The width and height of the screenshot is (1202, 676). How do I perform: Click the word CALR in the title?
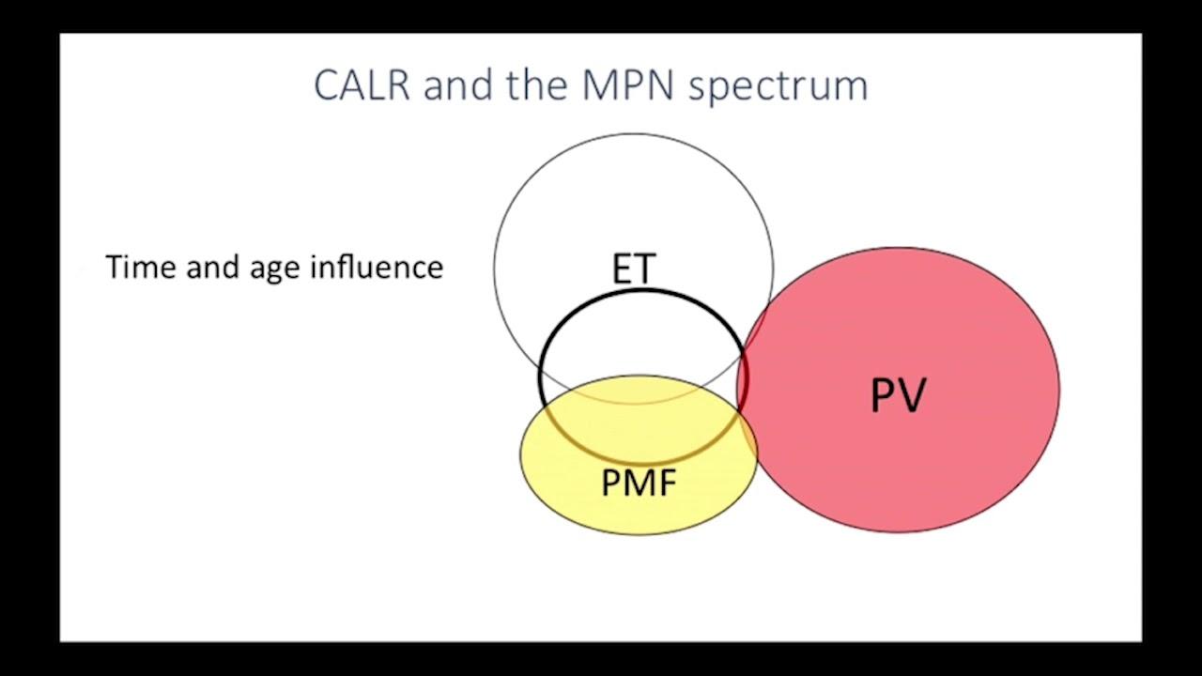[362, 85]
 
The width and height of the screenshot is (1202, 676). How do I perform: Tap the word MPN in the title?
[628, 85]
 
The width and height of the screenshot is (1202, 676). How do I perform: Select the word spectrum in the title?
[778, 88]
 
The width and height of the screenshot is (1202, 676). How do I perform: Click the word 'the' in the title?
[537, 84]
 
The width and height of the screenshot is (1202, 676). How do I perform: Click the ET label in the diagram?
[634, 269]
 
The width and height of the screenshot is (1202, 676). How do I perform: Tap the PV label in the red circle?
[898, 395]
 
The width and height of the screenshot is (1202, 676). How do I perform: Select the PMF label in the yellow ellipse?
[639, 483]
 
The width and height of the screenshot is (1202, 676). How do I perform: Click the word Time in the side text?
[141, 267]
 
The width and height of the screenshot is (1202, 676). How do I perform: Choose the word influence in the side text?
[377, 267]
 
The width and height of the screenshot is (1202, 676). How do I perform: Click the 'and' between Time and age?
[212, 267]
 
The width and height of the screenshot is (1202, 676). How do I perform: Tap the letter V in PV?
[911, 395]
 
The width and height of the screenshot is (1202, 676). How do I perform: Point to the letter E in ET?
[622, 269]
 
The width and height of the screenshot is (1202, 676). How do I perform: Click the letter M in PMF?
[640, 483]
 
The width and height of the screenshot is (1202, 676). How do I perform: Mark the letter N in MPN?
[660, 85]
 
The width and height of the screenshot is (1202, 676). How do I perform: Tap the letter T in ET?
[645, 269]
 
